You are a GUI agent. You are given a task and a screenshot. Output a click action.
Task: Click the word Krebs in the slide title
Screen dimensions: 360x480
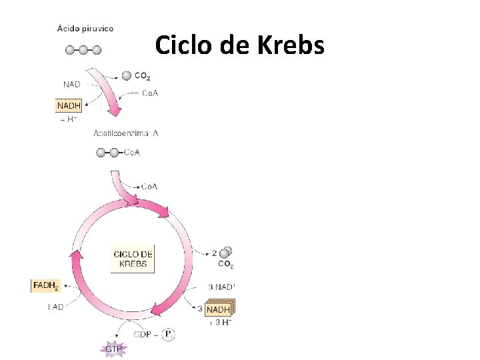click(x=293, y=46)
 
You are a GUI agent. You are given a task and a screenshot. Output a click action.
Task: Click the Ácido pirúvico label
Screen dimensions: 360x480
click(x=85, y=28)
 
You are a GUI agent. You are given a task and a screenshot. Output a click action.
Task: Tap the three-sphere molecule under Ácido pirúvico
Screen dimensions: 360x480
click(x=83, y=49)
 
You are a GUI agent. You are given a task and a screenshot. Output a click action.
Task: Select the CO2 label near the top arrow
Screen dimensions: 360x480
click(x=142, y=76)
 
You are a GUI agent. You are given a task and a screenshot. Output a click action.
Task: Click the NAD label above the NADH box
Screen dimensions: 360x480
click(x=72, y=84)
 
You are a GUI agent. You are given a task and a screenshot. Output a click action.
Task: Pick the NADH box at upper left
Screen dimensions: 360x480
click(x=69, y=105)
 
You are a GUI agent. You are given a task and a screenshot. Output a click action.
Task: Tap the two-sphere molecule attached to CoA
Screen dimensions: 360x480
click(x=107, y=153)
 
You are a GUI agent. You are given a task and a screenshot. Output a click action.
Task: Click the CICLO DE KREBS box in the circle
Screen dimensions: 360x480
click(x=133, y=259)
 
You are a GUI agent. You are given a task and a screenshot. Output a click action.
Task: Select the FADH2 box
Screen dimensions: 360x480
click(x=45, y=286)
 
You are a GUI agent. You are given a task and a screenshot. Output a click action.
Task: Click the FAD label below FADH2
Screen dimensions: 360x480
click(x=56, y=307)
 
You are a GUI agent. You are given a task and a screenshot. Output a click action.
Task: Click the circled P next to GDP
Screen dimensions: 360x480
click(x=168, y=334)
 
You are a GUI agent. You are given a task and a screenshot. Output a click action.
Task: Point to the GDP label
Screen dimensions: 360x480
click(x=143, y=334)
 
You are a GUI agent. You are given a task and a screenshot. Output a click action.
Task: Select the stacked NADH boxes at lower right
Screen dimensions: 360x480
click(x=218, y=309)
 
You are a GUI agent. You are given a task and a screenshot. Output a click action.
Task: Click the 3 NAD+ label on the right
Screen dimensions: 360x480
click(x=222, y=287)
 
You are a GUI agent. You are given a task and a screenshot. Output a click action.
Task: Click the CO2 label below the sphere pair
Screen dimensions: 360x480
click(x=226, y=265)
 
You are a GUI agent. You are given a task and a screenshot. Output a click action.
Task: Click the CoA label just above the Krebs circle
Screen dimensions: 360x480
click(x=149, y=187)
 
